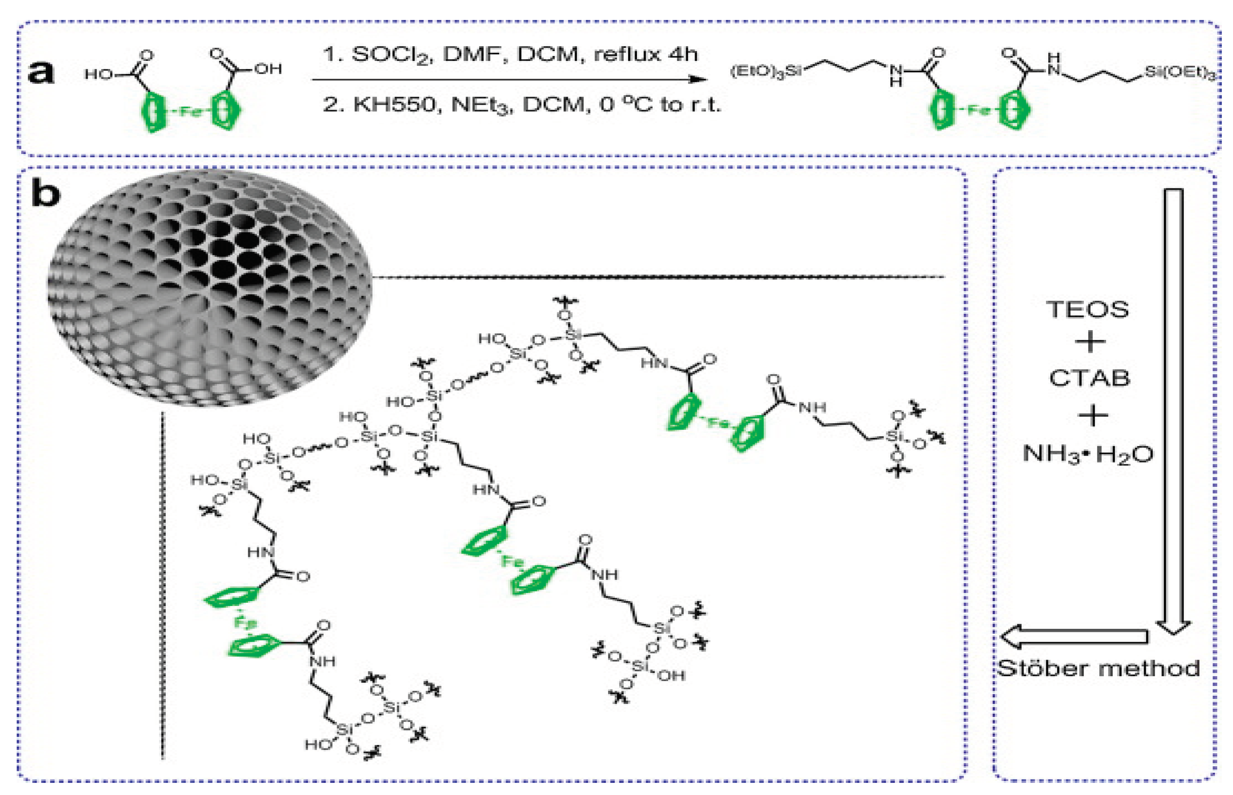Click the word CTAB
[1089, 378]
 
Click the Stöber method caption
[1098, 668]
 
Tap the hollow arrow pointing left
[1074, 636]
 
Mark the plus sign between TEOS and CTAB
[1089, 342]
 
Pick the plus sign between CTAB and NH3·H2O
[1092, 416]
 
